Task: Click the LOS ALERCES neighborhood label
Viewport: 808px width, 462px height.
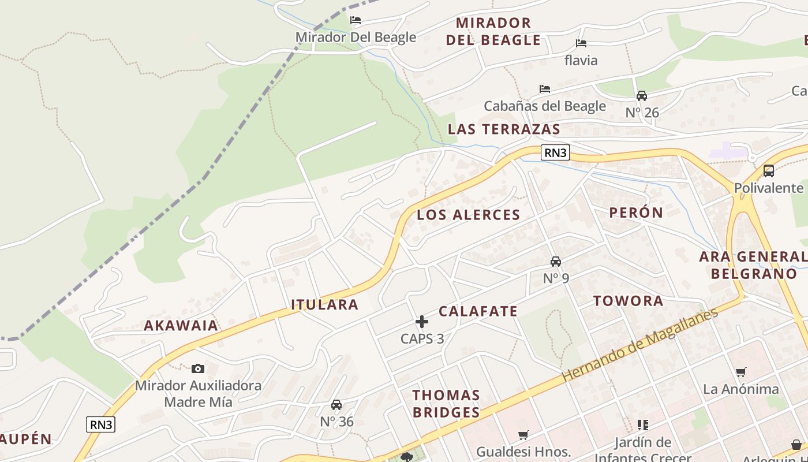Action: [x=469, y=215]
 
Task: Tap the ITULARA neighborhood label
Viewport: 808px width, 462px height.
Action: [x=324, y=304]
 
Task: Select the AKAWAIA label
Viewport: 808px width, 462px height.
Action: [x=181, y=325]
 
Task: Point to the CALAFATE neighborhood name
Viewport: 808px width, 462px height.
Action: [x=478, y=311]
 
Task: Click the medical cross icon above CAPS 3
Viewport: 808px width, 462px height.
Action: [x=422, y=322]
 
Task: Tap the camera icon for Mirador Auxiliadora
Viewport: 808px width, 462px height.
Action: [x=198, y=368]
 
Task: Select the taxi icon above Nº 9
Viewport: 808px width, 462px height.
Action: [x=556, y=262]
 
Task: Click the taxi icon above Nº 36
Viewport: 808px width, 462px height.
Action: [x=336, y=405]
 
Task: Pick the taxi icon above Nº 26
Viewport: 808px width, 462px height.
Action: [x=642, y=96]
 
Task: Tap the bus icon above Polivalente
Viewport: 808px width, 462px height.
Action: [x=768, y=171]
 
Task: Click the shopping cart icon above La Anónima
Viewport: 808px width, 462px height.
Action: [x=740, y=372]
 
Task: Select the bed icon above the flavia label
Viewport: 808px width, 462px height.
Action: [x=581, y=43]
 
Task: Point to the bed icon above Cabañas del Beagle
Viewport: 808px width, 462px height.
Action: [x=544, y=89]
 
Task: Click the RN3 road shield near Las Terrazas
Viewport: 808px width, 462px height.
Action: [x=555, y=152]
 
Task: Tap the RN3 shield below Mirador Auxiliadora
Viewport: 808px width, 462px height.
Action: [x=101, y=424]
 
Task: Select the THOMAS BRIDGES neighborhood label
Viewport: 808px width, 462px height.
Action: [x=446, y=404]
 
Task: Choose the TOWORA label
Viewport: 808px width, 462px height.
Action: [x=628, y=301]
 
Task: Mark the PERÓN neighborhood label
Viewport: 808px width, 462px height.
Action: [x=636, y=212]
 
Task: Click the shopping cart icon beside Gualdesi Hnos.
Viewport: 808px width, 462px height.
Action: [x=523, y=435]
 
